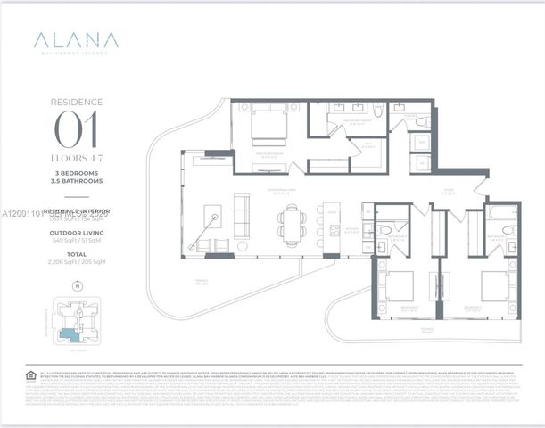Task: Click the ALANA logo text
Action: click(76, 40)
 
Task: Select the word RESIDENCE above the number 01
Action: click(76, 103)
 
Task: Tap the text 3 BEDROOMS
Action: click(76, 171)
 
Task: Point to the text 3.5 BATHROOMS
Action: click(76, 179)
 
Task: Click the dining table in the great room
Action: click(292, 218)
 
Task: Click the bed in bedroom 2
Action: click(396, 286)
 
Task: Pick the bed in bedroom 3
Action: click(495, 286)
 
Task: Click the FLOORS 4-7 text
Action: click(76, 158)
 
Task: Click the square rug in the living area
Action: click(212, 217)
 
